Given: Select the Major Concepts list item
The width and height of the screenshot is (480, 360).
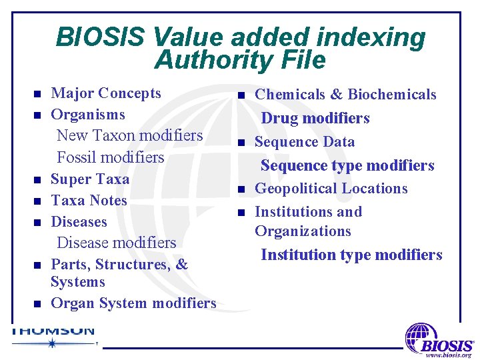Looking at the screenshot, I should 106,93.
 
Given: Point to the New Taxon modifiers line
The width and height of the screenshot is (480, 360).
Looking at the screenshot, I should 129,135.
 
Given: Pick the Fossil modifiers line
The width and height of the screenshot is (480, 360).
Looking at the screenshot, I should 110,157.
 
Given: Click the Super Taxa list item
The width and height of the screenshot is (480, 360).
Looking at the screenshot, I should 90,179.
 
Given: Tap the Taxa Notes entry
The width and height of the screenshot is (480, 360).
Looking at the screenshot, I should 89,201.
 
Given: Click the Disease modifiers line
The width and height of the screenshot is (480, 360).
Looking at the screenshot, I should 116,243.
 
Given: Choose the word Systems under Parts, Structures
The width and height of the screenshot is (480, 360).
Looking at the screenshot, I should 78,282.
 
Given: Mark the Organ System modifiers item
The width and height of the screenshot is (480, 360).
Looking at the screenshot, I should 133,303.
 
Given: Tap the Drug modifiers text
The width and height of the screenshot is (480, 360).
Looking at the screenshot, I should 315,119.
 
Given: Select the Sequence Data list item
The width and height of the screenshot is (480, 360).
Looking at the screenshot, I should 305,142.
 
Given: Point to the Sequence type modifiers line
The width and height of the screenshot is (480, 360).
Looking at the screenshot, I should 347,165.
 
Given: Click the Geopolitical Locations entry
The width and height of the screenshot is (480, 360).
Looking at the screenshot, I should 331,189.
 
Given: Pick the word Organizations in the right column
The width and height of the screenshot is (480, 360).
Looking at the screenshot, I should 303,231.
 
